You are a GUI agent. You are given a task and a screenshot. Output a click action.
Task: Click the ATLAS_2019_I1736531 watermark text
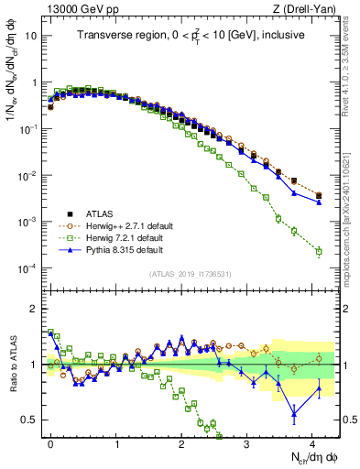pyautogui.click(x=189, y=275)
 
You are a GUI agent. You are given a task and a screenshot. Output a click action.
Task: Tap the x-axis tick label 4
pyautogui.click(x=312, y=442)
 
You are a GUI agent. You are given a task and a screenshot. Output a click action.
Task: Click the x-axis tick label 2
pyautogui.click(x=181, y=442)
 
